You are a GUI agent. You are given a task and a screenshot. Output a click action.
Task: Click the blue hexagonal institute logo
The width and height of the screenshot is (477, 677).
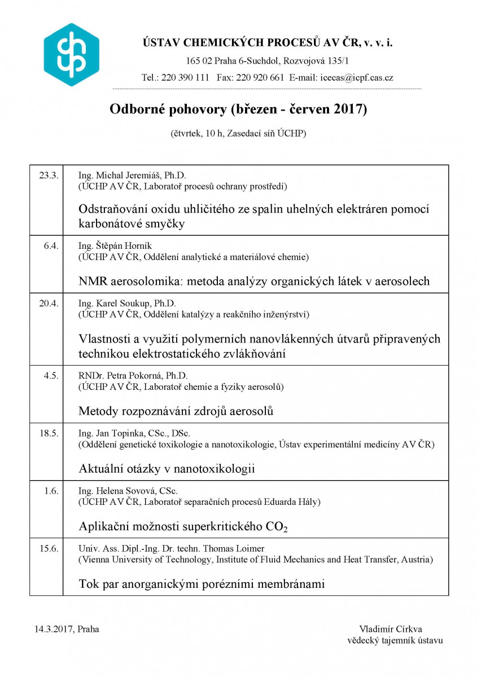click(x=71, y=54)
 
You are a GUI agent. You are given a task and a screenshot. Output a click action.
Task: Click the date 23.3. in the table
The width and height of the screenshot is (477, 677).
click(x=49, y=175)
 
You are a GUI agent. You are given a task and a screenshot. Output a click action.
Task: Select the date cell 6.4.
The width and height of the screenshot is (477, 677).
click(x=51, y=245)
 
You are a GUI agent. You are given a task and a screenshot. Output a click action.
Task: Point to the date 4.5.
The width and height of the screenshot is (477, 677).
click(x=51, y=375)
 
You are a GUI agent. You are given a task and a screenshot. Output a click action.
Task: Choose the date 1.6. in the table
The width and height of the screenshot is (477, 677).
click(x=51, y=490)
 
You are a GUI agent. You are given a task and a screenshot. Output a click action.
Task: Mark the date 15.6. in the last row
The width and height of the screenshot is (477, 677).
click(x=49, y=548)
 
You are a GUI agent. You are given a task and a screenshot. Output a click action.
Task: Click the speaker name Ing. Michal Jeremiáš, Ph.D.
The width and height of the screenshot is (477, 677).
click(x=128, y=175)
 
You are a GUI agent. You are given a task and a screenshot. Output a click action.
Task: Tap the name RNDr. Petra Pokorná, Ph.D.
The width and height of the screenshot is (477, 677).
click(x=133, y=375)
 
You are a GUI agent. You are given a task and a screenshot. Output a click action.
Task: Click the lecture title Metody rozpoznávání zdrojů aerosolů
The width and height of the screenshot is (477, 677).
click(x=176, y=411)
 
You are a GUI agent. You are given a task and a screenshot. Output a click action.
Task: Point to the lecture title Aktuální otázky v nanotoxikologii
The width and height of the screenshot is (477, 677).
click(x=167, y=469)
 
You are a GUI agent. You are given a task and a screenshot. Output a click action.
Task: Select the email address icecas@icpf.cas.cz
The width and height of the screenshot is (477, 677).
click(x=357, y=78)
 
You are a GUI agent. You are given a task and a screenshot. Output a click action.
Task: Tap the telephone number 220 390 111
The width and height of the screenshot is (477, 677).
click(x=185, y=78)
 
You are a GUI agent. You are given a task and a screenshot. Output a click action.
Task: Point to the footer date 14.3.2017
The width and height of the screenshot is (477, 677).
click(x=54, y=629)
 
